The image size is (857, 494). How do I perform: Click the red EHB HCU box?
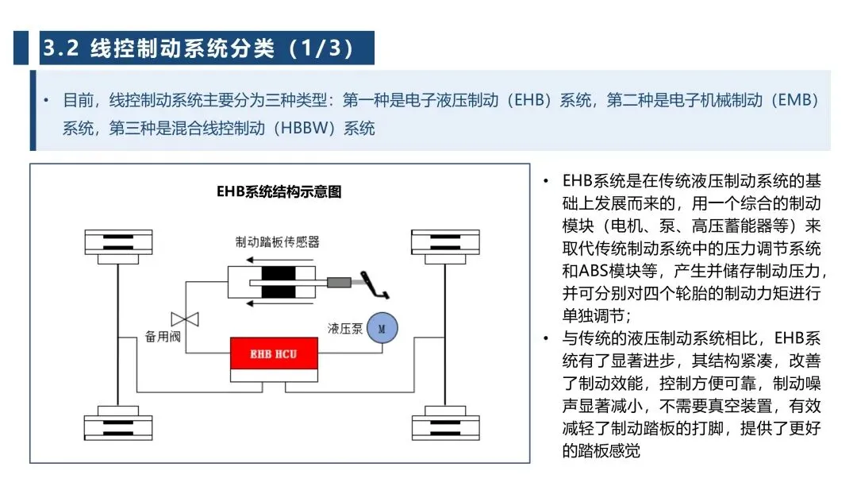[x=274, y=353]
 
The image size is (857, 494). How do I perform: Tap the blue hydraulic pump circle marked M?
[x=381, y=326]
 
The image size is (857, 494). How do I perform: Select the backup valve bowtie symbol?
[x=185, y=319]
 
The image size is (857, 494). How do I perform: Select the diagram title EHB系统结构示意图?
[x=279, y=191]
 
